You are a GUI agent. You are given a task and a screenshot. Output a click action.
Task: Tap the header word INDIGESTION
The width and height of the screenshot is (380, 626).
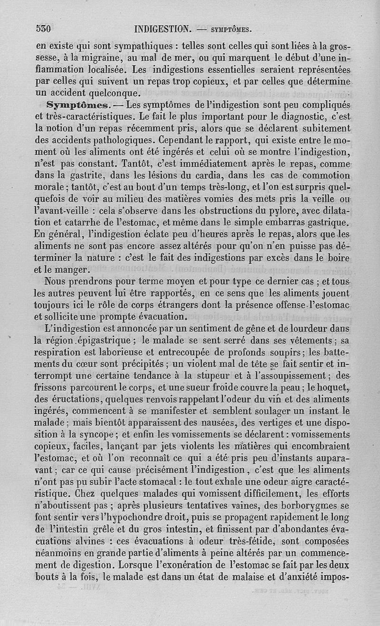163,28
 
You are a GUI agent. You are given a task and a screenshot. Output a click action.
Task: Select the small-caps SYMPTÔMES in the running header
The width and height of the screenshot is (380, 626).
225,29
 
